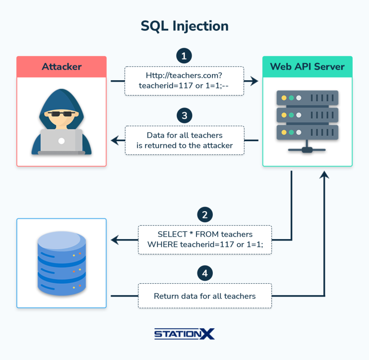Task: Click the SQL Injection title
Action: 184,26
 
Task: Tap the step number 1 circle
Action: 184,55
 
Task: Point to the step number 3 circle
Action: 184,115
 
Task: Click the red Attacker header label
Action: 61,67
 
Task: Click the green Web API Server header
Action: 307,67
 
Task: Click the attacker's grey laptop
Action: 61,142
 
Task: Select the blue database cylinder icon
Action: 61,263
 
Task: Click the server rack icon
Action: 307,120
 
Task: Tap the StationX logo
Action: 184,334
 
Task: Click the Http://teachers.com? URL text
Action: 184,75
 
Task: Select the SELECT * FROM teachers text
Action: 205,234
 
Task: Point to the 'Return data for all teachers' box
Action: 205,296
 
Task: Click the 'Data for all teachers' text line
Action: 184,135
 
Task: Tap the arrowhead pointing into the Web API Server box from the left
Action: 254,81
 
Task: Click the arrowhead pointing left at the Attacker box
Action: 115,141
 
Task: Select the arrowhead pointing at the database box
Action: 115,240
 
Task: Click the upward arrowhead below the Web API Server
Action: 325,176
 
